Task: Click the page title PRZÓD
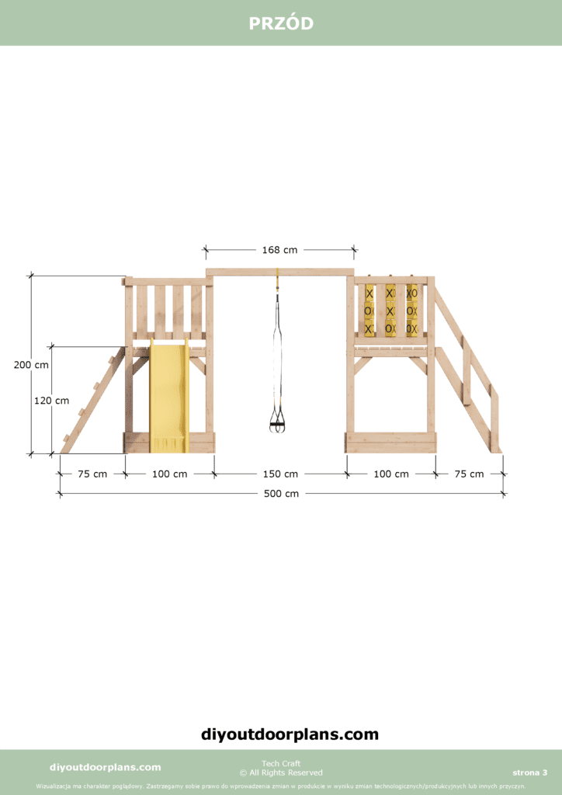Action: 281,23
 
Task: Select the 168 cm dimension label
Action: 279,249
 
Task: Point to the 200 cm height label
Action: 31,365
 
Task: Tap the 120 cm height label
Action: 51,401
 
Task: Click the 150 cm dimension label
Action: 280,474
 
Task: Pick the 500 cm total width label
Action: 281,493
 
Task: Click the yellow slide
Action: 168,395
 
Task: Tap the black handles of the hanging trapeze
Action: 277,423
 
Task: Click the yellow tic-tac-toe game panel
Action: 390,310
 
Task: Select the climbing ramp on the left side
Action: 93,400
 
